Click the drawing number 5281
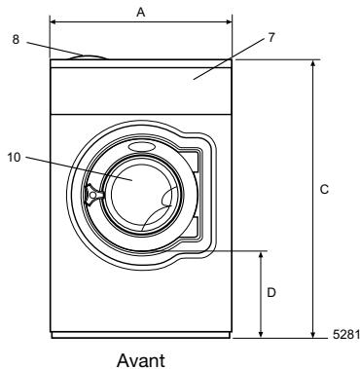(345, 336)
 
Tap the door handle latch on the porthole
(93, 195)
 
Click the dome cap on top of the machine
(89, 55)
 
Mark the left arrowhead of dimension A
(53, 20)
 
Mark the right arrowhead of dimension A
(229, 20)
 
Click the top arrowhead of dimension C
(311, 63)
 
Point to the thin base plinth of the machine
(140, 335)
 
